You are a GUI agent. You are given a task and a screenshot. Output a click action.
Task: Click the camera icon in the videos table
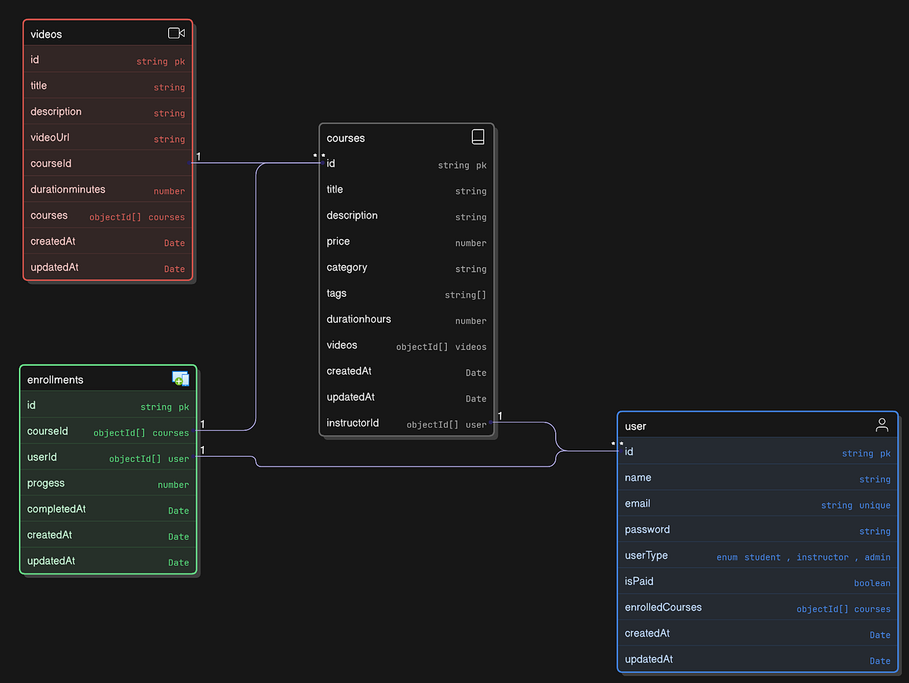(x=176, y=33)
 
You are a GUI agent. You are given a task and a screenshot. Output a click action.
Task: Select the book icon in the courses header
(x=478, y=137)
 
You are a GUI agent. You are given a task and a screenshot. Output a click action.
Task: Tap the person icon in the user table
(x=882, y=425)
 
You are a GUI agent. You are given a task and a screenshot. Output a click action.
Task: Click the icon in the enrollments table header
(x=180, y=379)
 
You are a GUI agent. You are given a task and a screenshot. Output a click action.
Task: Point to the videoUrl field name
(x=50, y=138)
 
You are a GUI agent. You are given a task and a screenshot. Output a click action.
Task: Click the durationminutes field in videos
(x=68, y=189)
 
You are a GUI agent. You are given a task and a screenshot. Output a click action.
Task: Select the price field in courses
(x=339, y=242)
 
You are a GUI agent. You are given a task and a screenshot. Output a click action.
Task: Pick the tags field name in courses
(x=336, y=293)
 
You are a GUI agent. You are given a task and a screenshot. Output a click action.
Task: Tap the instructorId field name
(x=353, y=423)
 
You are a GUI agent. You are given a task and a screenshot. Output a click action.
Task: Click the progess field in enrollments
(x=46, y=483)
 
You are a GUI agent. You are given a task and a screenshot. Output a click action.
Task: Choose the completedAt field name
(x=57, y=509)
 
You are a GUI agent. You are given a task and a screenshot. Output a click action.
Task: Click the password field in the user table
(x=648, y=529)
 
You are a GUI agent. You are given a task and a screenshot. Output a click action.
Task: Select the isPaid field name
(x=639, y=582)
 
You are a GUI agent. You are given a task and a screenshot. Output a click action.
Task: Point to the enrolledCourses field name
(x=664, y=607)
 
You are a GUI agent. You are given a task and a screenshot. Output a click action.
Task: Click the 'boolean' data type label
(x=872, y=583)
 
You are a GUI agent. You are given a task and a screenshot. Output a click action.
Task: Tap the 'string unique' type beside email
(x=855, y=505)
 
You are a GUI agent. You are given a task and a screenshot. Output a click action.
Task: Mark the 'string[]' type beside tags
(x=465, y=295)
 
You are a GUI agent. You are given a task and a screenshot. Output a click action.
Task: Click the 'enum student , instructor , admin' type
(x=803, y=557)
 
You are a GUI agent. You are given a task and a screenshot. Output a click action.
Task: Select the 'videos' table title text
(x=46, y=34)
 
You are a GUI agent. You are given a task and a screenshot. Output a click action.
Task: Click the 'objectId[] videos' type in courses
(x=441, y=347)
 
